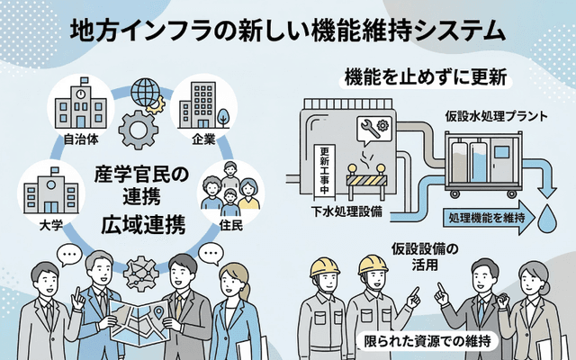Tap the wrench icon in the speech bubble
tap(372, 130)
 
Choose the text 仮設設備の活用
tap(427, 257)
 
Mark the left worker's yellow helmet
tap(324, 266)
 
